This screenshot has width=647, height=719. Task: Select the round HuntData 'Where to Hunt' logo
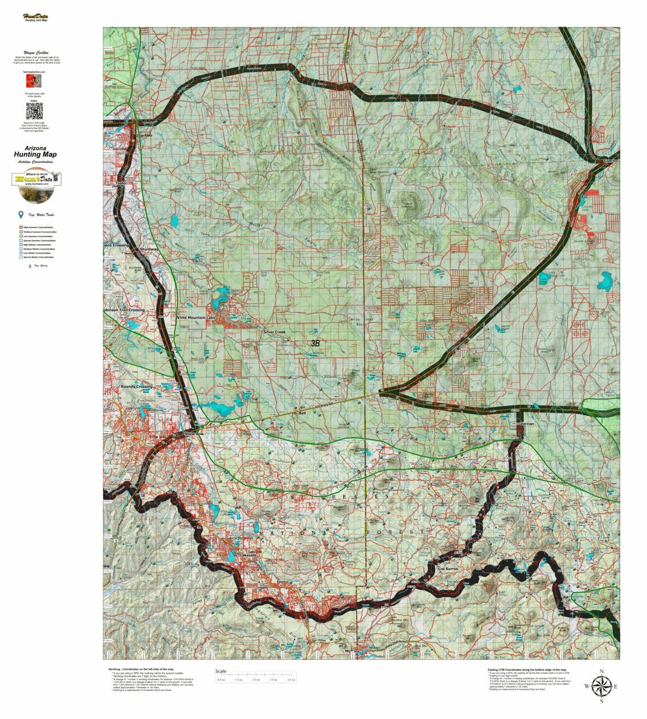point(37,186)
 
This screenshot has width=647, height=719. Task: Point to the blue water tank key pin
point(21,215)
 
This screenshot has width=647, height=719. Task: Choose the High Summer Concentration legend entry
point(38,227)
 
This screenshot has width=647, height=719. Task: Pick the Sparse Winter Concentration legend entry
point(38,258)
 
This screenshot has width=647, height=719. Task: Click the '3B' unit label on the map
point(315,343)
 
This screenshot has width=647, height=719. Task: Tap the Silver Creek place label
point(274,332)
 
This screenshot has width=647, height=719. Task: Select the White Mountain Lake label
point(196,318)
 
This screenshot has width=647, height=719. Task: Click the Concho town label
point(610,161)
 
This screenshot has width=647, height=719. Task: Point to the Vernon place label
point(527,424)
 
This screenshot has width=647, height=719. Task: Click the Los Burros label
point(448,569)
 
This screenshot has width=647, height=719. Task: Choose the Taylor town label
point(120,183)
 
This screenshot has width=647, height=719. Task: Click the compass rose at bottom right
point(601,686)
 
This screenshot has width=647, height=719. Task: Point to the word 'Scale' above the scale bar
point(221,672)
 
